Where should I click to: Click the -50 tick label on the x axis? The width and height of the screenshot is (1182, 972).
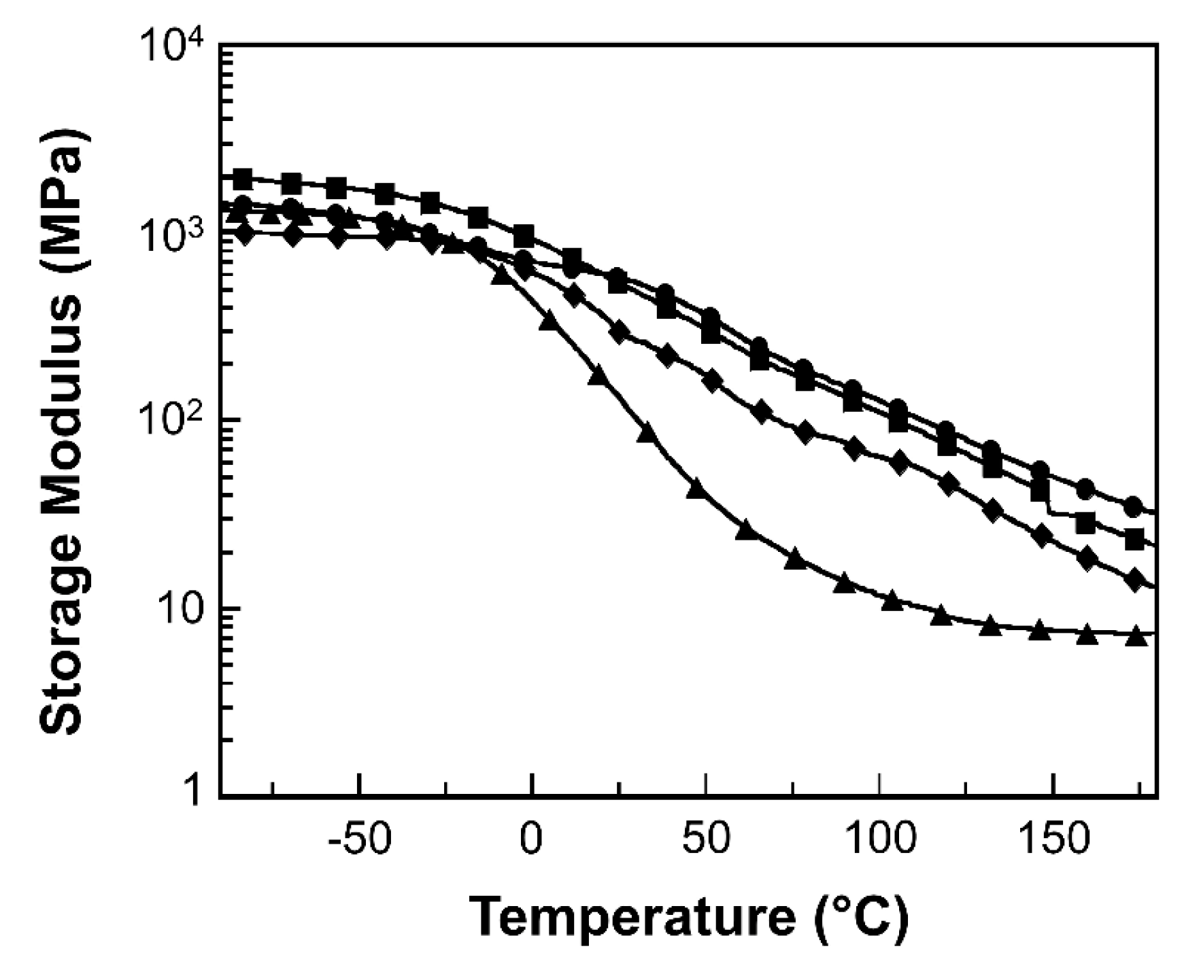[359, 841]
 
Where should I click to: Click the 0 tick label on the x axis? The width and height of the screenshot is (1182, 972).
[530, 841]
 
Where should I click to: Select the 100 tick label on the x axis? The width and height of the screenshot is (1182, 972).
[879, 841]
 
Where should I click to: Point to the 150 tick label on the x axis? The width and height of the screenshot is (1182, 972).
[1053, 841]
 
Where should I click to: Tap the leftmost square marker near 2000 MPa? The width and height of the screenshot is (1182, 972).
[242, 179]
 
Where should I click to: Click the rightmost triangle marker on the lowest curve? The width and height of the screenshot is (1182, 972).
[1135, 638]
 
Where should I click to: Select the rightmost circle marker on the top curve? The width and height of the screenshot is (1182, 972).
[1133, 506]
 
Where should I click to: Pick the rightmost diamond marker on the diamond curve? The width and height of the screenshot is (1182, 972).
[1134, 580]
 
